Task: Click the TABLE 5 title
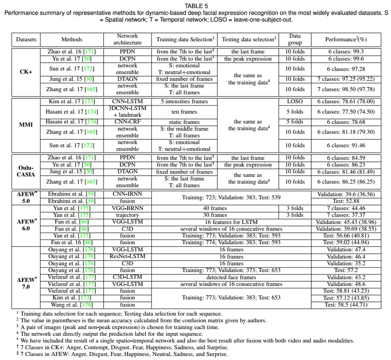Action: coord(195,6)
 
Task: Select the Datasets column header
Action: coord(26,40)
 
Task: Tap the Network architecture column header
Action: coord(128,39)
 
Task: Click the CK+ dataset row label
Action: coord(26,72)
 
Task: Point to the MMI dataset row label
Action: coord(26,125)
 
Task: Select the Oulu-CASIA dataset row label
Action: coord(26,171)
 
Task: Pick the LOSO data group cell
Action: coord(295,101)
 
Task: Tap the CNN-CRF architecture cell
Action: coord(128,122)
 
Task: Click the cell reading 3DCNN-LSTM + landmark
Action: coord(128,112)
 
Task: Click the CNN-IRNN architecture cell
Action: coord(128,194)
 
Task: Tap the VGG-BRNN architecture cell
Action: coord(128,208)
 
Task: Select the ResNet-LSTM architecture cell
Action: coord(128,257)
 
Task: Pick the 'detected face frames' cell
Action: coord(231,277)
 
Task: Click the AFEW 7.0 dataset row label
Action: coord(26,283)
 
